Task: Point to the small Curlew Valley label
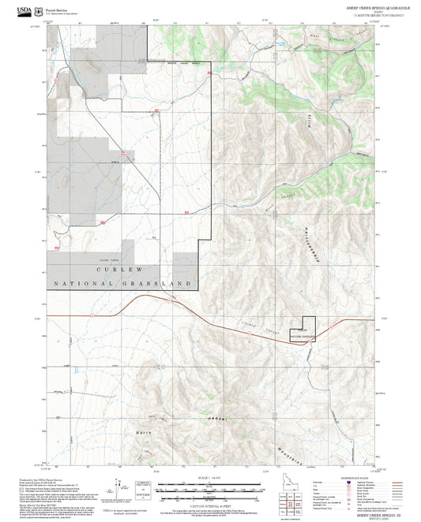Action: tap(107, 259)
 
